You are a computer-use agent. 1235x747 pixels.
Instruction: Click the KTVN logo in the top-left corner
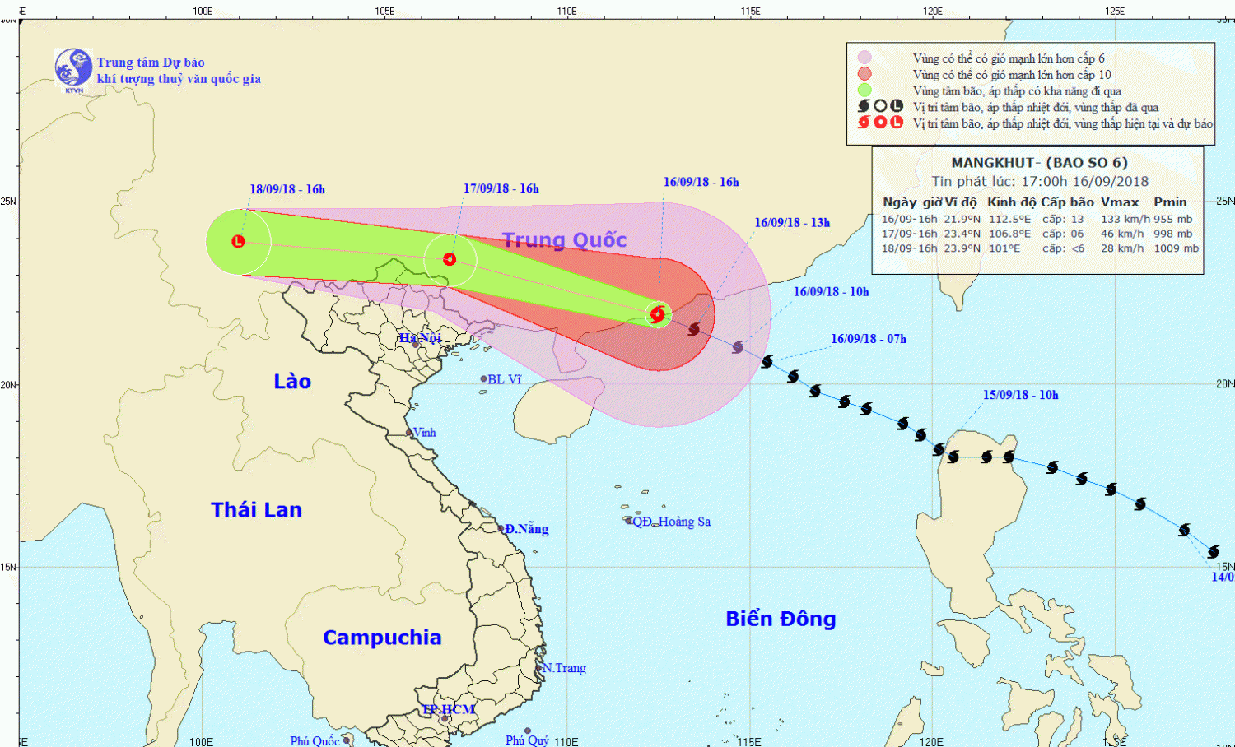(73, 68)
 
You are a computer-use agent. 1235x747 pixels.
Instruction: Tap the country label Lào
(292, 382)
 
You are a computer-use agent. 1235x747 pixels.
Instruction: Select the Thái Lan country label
(256, 510)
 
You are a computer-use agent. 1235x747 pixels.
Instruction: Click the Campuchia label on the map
(382, 638)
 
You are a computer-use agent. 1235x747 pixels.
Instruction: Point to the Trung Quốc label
(564, 240)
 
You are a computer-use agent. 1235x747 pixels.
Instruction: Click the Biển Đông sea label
(781, 619)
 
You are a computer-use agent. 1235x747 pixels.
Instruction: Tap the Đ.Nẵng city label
(527, 529)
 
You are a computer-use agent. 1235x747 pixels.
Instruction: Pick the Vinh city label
(424, 433)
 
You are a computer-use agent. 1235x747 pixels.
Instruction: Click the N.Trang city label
(565, 668)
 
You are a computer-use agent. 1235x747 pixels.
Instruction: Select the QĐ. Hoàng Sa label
(672, 522)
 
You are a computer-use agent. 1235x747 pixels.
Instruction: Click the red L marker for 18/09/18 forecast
(238, 241)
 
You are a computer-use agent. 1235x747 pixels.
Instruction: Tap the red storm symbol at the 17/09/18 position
(450, 259)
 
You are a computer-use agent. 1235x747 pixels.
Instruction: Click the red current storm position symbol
(657, 313)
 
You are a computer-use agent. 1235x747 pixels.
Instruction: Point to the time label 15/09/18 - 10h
(1020, 395)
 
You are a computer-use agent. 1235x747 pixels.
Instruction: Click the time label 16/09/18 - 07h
(868, 339)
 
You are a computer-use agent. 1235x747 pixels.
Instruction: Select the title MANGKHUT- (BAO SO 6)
(1039, 163)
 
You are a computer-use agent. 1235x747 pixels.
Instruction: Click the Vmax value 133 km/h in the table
(1125, 220)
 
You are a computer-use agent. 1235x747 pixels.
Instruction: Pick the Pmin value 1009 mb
(1176, 248)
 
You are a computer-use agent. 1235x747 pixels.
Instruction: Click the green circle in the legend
(864, 90)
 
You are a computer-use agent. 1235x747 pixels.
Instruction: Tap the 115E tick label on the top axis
(750, 11)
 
